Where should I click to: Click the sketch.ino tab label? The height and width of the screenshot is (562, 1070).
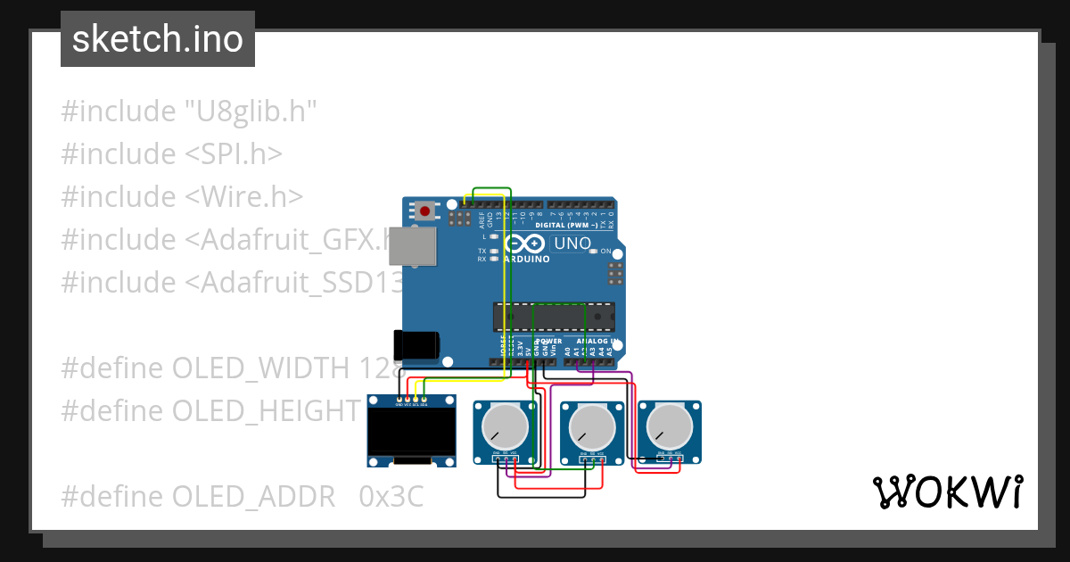pyautogui.click(x=158, y=39)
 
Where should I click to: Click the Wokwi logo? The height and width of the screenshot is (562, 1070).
pyautogui.click(x=947, y=492)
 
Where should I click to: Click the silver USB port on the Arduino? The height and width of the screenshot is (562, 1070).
pyautogui.click(x=416, y=246)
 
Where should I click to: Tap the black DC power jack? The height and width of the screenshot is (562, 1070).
pyautogui.click(x=417, y=344)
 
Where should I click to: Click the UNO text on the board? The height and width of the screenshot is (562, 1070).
pyautogui.click(x=572, y=244)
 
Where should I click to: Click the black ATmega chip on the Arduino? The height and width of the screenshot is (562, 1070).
pyautogui.click(x=554, y=317)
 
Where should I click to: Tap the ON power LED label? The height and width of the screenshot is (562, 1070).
pyautogui.click(x=605, y=252)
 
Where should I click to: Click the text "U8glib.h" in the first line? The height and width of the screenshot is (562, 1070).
pyautogui.click(x=251, y=112)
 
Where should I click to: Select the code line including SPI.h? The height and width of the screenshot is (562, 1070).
pyautogui.click(x=171, y=154)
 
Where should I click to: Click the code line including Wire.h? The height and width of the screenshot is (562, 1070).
pyautogui.click(x=182, y=197)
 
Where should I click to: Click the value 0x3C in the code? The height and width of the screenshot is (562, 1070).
pyautogui.click(x=391, y=497)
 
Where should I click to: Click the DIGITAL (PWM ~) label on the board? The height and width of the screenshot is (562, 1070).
pyautogui.click(x=567, y=225)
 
